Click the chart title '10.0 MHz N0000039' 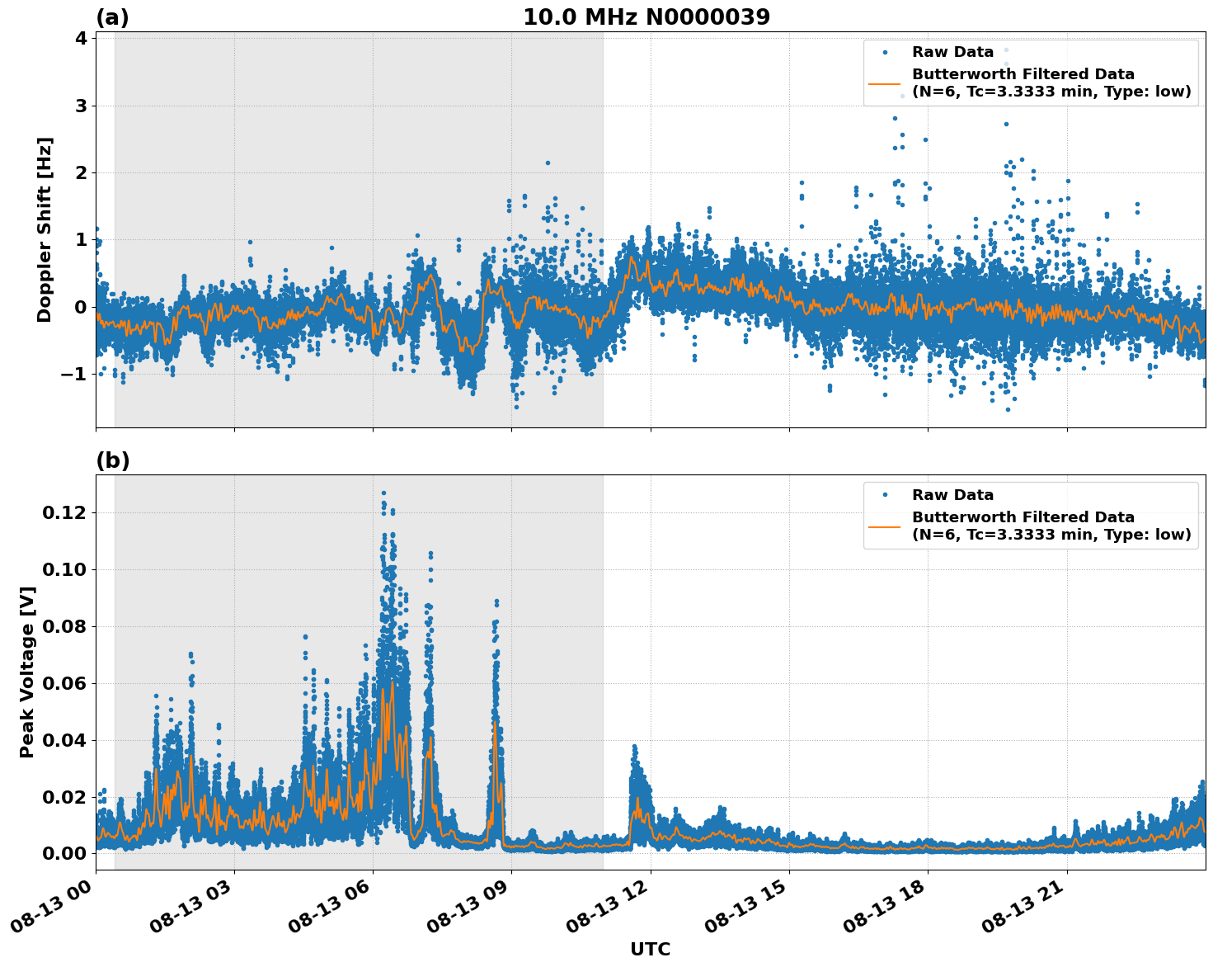point(646,17)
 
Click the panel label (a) point(112,17)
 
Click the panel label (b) point(112,460)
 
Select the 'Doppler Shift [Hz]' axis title point(45,229)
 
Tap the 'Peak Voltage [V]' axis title point(27,672)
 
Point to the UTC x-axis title point(650,949)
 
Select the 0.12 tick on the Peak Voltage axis point(63,512)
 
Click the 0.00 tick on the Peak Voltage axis point(63,853)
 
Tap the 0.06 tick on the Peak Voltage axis point(63,683)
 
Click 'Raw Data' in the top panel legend point(952,52)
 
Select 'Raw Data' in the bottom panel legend point(952,495)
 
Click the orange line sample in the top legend point(884,83)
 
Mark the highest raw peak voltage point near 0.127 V point(383,493)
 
